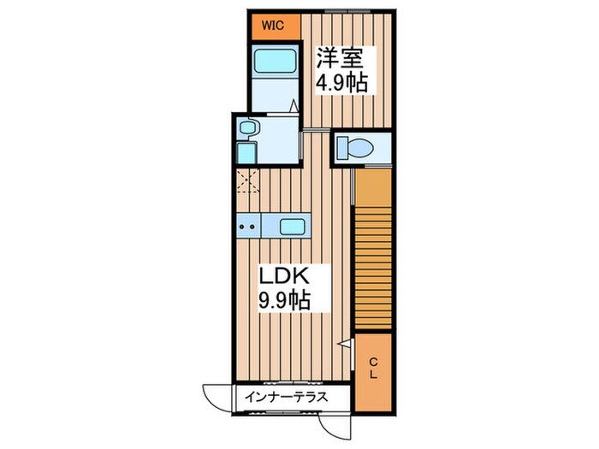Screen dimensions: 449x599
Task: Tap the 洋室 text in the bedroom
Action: pos(341,58)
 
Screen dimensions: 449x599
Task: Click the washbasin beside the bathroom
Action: pos(248,128)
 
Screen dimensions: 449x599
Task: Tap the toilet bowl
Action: pos(355,147)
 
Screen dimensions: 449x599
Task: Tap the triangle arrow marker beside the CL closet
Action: pos(344,344)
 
